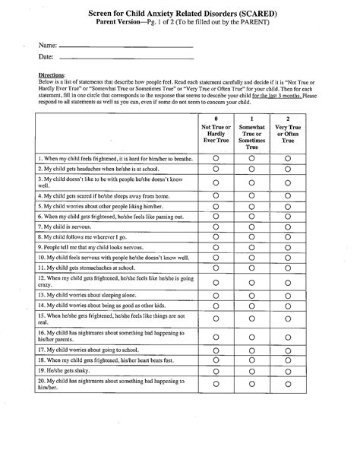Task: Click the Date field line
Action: pos(126,57)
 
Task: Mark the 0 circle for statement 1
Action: pos(216,158)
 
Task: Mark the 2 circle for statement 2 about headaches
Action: pos(288,170)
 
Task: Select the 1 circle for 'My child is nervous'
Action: pos(252,227)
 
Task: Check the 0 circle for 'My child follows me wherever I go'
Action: pos(216,237)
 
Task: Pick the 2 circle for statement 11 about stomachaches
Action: pos(288,269)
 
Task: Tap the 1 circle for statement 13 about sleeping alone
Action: pos(252,294)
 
